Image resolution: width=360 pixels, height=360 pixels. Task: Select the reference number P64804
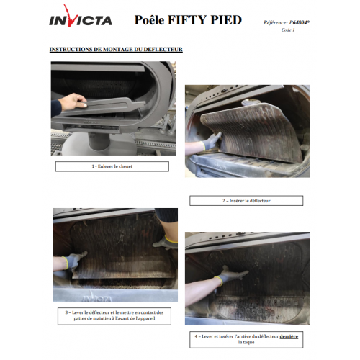click(x=299, y=22)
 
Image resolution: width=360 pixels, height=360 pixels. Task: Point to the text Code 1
click(x=288, y=30)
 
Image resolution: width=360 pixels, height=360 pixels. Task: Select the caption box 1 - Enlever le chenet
click(x=112, y=166)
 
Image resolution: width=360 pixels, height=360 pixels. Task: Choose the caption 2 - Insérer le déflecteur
click(x=246, y=201)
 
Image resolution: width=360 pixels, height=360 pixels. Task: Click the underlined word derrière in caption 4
click(x=289, y=336)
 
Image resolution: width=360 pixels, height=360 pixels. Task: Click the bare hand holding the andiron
click(x=73, y=102)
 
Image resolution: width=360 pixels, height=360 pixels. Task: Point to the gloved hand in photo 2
click(x=211, y=141)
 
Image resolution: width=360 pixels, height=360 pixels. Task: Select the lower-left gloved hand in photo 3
click(x=74, y=261)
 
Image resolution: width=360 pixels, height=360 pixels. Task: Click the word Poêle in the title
click(x=149, y=20)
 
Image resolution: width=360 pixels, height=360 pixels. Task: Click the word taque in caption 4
click(x=250, y=342)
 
